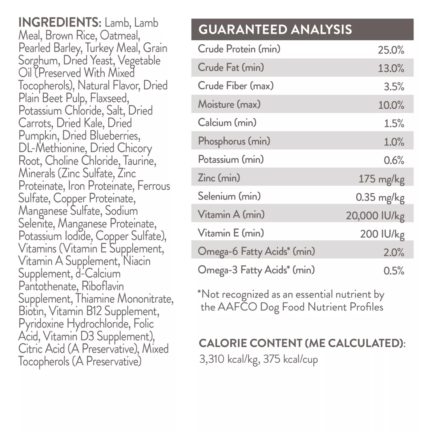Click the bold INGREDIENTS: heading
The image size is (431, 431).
tap(60, 22)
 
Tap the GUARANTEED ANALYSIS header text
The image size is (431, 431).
tap(275, 30)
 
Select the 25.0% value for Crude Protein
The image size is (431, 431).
tap(391, 50)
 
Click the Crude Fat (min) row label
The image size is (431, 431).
tap(231, 67)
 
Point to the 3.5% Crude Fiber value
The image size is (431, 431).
tap(394, 87)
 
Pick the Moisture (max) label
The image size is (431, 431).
tap(229, 104)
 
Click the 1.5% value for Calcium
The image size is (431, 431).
tap(394, 123)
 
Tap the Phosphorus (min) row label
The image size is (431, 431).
tap(234, 141)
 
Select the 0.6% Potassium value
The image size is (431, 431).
tap(394, 160)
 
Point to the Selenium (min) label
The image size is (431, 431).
tap(229, 196)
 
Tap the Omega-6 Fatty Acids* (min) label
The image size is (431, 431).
tap(256, 252)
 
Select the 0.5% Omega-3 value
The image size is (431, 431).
tap(394, 271)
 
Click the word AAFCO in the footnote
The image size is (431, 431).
tap(237, 307)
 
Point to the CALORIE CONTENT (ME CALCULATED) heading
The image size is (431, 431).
tap(302, 343)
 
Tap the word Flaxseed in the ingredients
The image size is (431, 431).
tap(110, 98)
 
